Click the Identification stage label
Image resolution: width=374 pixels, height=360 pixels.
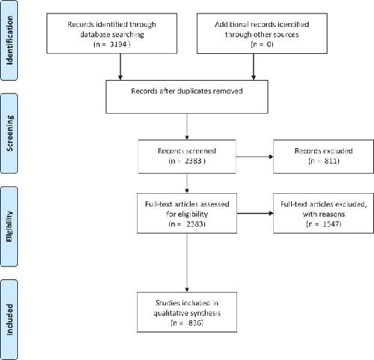tap(10, 40)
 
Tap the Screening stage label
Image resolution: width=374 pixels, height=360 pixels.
tap(10, 133)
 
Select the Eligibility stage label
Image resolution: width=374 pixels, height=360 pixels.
tap(9, 227)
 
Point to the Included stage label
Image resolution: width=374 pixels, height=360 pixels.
tap(9, 320)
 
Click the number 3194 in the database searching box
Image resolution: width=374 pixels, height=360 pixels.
tap(118, 44)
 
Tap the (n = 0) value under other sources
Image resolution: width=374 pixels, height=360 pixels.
tap(262, 44)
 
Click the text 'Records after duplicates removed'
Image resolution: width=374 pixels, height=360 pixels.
tap(187, 91)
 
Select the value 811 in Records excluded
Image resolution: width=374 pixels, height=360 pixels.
tap(331, 161)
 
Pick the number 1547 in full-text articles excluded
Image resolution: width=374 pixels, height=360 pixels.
tap(331, 224)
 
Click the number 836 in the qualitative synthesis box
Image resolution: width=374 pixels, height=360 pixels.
tap(194, 323)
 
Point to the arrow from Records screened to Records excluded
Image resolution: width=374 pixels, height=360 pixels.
tap(254, 157)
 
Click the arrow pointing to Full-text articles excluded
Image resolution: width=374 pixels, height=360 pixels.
tap(255, 213)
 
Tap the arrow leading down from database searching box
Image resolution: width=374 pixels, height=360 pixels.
tap(120, 67)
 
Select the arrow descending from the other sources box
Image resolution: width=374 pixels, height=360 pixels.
tap(254, 67)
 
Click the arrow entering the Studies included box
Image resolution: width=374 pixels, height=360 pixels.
tap(187, 263)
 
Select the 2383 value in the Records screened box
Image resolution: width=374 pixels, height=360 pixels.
tap(193, 161)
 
